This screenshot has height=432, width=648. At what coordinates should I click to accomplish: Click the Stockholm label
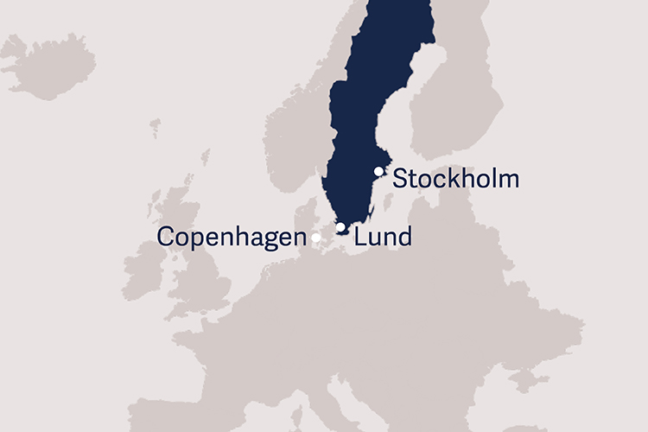pyautogui.click(x=455, y=180)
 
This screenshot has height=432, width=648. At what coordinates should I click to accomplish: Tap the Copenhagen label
pyautogui.click(x=232, y=238)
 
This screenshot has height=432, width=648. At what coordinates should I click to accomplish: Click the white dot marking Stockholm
pyautogui.click(x=378, y=172)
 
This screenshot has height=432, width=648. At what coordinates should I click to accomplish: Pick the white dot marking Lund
pyautogui.click(x=341, y=228)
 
